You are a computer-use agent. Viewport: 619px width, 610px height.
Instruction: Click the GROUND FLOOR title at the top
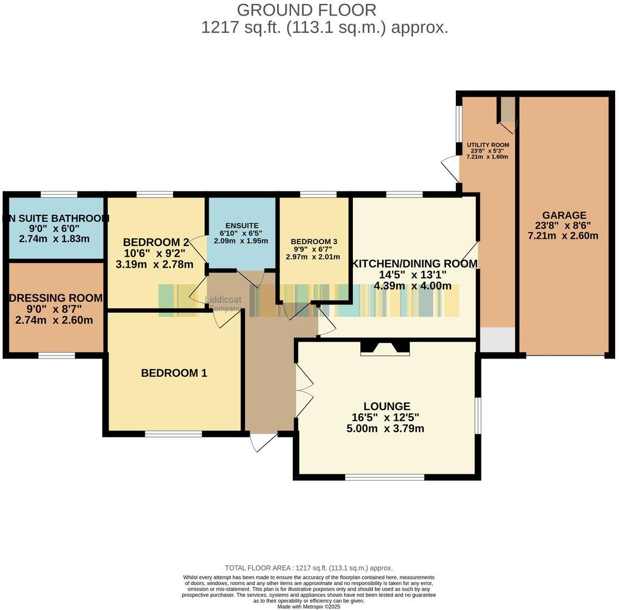pyautogui.click(x=307, y=10)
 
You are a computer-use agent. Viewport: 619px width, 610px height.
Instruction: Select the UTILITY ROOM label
pyautogui.click(x=487, y=145)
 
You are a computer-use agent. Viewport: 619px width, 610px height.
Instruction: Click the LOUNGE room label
pyautogui.click(x=387, y=407)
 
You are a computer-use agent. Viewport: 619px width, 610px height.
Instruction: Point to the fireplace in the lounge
pyautogui.click(x=385, y=349)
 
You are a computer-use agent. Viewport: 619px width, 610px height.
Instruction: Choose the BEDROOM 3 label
pyautogui.click(x=314, y=242)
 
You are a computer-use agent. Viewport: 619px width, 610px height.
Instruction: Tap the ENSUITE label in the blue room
pyautogui.click(x=242, y=225)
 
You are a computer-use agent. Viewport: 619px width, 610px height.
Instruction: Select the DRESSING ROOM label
pyautogui.click(x=56, y=298)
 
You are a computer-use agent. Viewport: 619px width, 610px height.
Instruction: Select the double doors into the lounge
pyautogui.click(x=304, y=390)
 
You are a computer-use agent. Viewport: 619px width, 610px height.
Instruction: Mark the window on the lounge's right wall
pyautogui.click(x=478, y=415)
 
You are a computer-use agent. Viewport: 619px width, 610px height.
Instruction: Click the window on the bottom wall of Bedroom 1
pyautogui.click(x=173, y=434)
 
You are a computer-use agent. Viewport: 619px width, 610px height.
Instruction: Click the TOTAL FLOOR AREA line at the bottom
pyautogui.click(x=308, y=568)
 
